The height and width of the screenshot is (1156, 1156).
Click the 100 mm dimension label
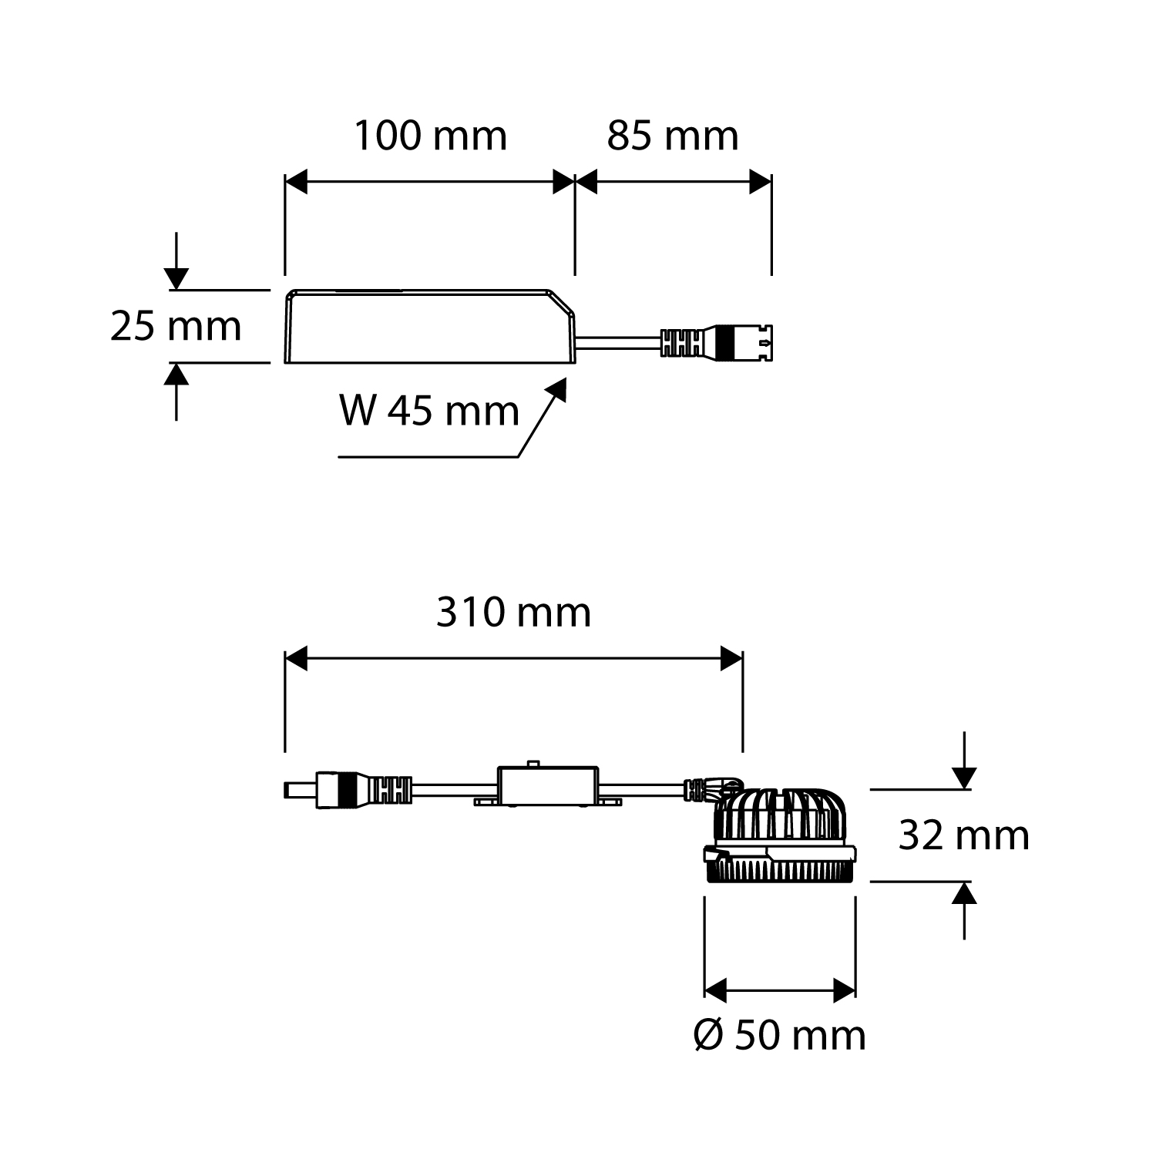click(x=430, y=136)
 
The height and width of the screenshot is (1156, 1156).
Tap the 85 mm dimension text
click(x=672, y=136)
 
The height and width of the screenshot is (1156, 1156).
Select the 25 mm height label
click(x=176, y=326)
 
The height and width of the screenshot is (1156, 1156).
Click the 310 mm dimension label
click(x=513, y=613)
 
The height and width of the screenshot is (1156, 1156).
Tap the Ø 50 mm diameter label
click(x=780, y=1035)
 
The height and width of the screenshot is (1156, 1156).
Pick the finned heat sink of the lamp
click(x=780, y=817)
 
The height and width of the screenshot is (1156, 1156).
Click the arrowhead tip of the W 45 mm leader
click(x=563, y=382)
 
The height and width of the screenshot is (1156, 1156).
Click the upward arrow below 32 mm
click(x=964, y=894)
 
